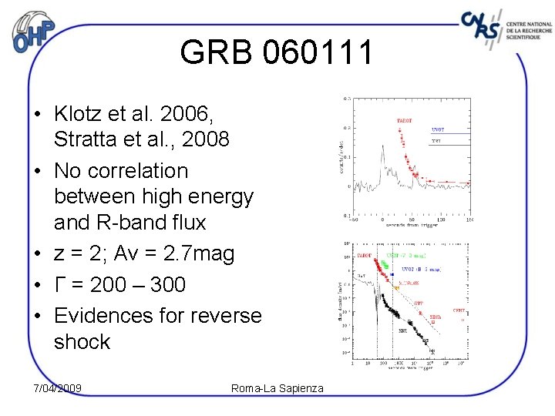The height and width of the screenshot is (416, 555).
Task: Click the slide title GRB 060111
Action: (277, 53)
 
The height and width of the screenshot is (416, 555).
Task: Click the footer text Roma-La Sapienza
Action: (277, 387)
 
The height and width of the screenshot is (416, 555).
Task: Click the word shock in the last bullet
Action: (82, 341)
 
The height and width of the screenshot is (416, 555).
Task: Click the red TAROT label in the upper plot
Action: (404, 121)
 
